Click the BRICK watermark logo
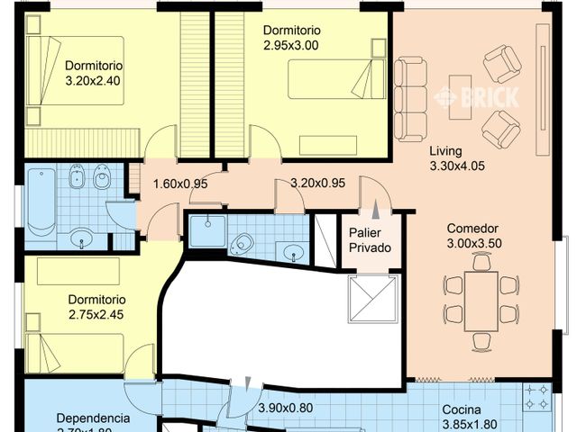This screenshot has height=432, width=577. (x=477, y=97)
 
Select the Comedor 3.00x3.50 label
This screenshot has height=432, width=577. (x=472, y=236)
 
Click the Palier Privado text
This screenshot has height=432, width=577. (x=370, y=239)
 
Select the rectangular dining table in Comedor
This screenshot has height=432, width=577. (x=482, y=300)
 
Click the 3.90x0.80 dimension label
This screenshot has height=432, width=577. (x=285, y=408)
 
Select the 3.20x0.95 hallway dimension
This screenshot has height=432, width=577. (x=317, y=184)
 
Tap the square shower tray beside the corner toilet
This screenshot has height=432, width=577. (x=206, y=229)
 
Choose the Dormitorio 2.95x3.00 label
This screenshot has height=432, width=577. (x=291, y=37)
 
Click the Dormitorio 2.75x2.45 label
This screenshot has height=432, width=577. (x=96, y=307)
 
